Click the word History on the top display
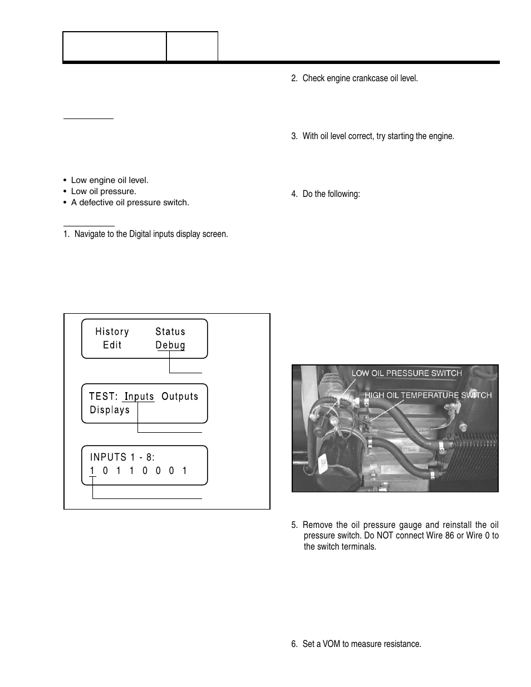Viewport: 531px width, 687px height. (112, 332)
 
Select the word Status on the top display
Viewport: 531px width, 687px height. (170, 332)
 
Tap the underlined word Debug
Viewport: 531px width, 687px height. (170, 345)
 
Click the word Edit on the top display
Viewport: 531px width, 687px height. (112, 345)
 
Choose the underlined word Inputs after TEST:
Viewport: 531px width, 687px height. (139, 397)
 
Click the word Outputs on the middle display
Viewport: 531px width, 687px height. (180, 397)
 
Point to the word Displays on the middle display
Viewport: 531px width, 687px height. (110, 410)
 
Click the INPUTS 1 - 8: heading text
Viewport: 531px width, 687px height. (122, 457)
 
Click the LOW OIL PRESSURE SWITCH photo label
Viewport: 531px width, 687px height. (407, 373)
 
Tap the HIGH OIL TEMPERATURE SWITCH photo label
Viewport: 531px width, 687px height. (428, 395)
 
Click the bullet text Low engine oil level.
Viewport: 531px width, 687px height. (110, 180)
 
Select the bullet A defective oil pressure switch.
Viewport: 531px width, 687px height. (130, 202)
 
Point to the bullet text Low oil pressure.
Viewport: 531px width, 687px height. (104, 191)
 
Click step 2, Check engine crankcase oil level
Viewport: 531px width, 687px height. (354, 78)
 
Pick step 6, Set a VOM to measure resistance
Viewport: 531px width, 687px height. (356, 644)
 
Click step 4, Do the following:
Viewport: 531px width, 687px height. (326, 195)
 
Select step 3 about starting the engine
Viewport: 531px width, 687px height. (372, 136)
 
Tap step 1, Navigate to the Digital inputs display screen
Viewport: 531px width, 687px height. (145, 234)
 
